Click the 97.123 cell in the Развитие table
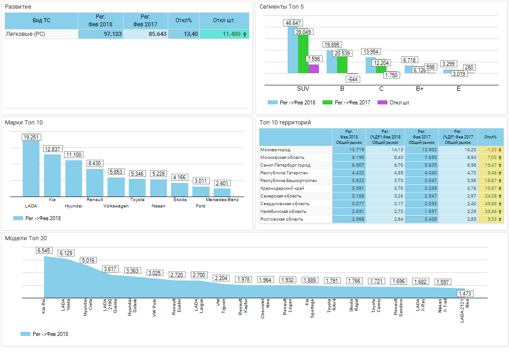[x=101, y=34]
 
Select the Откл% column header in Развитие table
[x=184, y=20]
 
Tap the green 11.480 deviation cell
[x=225, y=34]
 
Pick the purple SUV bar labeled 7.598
[x=313, y=69]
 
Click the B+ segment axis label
[x=420, y=89]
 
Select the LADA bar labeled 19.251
[x=31, y=168]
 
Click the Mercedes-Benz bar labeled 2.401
[x=222, y=192]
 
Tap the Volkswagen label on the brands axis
[x=116, y=206]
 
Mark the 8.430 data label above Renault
[x=95, y=163]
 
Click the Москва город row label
[x=275, y=150]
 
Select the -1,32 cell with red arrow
[x=491, y=150]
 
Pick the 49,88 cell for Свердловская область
[x=491, y=204]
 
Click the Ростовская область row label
[x=282, y=219]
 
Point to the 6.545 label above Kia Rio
[x=44, y=250]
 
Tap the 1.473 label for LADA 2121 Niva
[x=465, y=293]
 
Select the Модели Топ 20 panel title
[x=26, y=238]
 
